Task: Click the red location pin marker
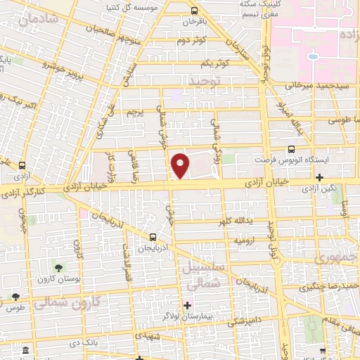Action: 181,165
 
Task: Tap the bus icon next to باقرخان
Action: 194,11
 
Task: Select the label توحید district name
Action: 203,84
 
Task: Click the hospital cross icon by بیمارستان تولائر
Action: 187,305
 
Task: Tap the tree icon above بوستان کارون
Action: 59,268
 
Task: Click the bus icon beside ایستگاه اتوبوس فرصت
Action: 291,149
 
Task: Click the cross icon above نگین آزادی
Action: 320,177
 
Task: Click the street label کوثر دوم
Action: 190,41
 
